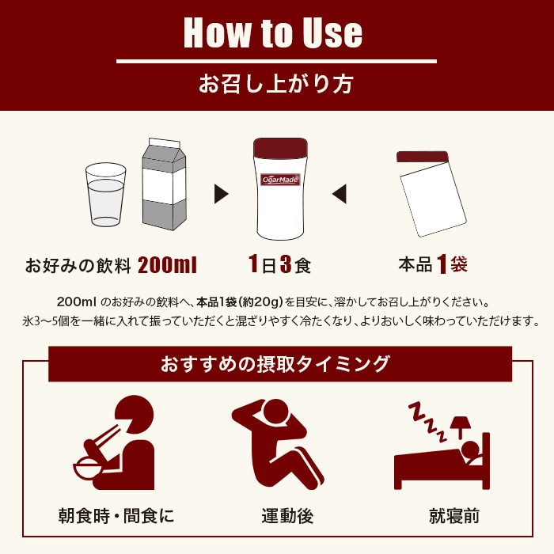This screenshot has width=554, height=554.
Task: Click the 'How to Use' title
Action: (273, 32)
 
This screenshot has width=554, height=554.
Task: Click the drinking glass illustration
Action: (105, 194)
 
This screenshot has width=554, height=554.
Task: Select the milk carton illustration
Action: (163, 184)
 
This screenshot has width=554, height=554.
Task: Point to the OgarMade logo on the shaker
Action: (281, 179)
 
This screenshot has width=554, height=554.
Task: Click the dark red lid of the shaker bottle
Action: (280, 149)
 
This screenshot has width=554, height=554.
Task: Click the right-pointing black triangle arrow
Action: (222, 192)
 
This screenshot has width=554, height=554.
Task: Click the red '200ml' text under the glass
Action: (167, 264)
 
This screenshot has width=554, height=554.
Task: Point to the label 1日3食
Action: (279, 264)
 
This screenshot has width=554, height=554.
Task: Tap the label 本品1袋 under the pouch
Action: (433, 264)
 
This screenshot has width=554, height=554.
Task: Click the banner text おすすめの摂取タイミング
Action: (275, 364)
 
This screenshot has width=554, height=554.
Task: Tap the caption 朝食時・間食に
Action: (116, 517)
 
